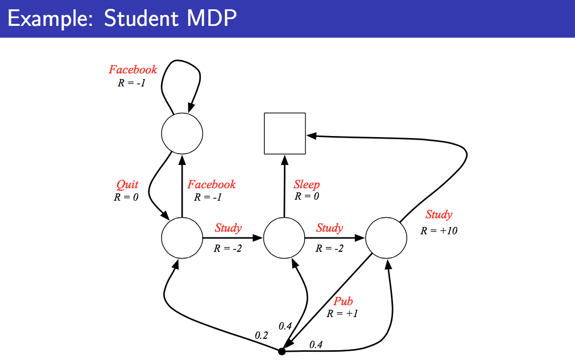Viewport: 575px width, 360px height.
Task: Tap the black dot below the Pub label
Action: point(282,352)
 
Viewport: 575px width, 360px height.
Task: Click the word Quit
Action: point(127,185)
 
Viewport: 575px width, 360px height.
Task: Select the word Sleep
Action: point(307,185)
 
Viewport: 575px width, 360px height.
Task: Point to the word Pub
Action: point(343,301)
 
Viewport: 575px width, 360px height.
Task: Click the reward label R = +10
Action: point(438,231)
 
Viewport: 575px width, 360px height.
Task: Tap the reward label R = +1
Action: point(342,314)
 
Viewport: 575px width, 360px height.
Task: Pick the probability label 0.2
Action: point(262,335)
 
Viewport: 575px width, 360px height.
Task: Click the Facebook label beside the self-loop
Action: point(133,69)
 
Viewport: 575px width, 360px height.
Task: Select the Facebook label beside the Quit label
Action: point(211,184)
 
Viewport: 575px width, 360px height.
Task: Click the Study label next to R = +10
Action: point(439,214)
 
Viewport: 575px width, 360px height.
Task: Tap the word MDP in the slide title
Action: point(211,18)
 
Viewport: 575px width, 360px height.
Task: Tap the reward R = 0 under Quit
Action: point(126,198)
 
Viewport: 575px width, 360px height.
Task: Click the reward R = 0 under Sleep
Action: point(307,197)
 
